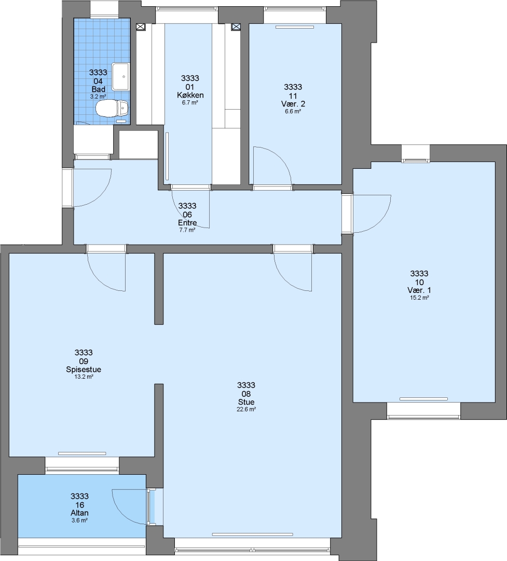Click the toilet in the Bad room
point(112,108)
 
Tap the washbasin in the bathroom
point(120,76)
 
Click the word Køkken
point(190,95)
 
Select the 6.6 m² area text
point(293,111)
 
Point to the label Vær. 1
point(419,290)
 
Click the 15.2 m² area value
point(419,298)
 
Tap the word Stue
point(246,402)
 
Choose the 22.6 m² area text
point(246,410)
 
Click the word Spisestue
point(84,370)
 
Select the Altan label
point(79,513)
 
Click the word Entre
point(187,222)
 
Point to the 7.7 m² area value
point(187,230)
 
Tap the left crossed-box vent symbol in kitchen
point(141,27)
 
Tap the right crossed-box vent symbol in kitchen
point(236,27)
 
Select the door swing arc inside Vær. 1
point(380,222)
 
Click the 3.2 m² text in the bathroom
point(98,97)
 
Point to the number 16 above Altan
point(79,505)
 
